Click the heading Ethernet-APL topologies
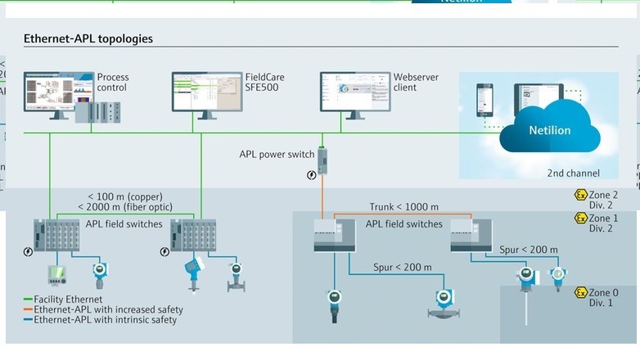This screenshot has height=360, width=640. click(88, 38)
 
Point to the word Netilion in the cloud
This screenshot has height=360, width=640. click(550, 130)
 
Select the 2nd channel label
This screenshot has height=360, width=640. click(573, 173)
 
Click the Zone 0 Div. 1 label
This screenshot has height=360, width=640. click(603, 297)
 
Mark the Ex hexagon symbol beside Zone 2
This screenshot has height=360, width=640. click(580, 195)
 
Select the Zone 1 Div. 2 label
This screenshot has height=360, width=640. click(603, 223)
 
